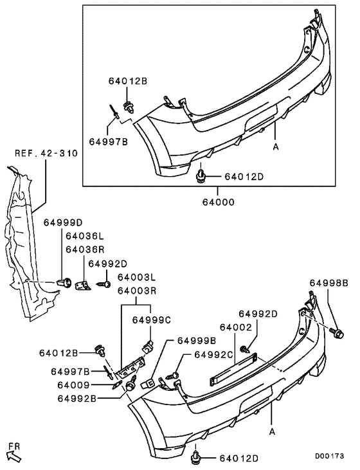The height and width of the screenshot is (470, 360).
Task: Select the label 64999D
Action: [x=63, y=222]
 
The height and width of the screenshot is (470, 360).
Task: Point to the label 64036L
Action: [x=84, y=237]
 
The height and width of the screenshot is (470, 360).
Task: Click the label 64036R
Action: [x=84, y=249]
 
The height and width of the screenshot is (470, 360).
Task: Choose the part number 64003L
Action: [x=136, y=277]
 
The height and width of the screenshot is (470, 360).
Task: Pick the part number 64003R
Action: [x=136, y=291]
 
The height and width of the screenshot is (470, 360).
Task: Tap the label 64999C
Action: [x=152, y=320]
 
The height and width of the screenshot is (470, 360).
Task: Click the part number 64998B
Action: [x=328, y=283]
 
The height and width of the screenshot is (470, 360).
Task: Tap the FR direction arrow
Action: [x=14, y=451]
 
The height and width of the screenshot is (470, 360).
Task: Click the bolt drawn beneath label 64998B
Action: [x=337, y=332]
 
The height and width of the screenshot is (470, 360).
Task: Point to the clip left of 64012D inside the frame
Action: [x=201, y=174]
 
